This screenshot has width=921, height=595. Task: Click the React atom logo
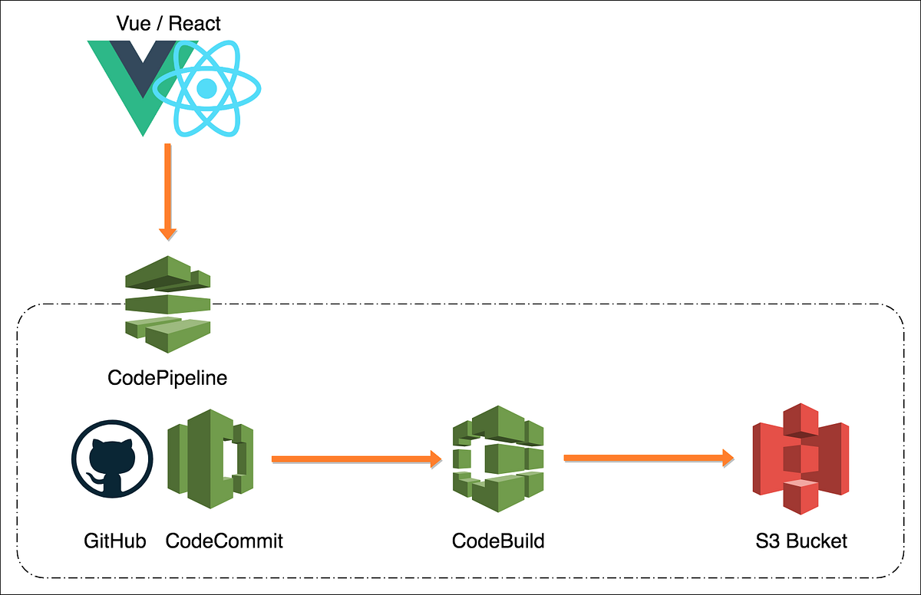pyautogui.click(x=207, y=89)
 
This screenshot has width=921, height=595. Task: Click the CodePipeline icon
pyautogui.click(x=167, y=304)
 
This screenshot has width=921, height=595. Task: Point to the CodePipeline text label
pyautogui.click(x=167, y=378)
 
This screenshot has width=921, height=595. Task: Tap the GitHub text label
pyautogui.click(x=114, y=541)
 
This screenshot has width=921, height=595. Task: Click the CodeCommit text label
pyautogui.click(x=224, y=541)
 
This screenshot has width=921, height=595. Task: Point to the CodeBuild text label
pyautogui.click(x=498, y=541)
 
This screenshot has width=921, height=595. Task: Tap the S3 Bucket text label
pyautogui.click(x=801, y=541)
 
